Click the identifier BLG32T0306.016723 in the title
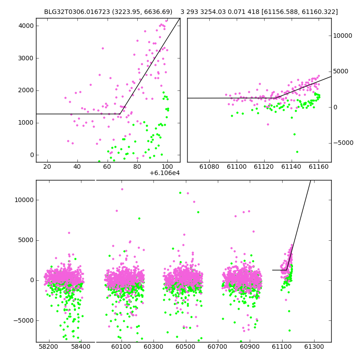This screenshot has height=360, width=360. pos(77,12)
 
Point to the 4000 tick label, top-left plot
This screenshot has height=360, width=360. pos(26,26)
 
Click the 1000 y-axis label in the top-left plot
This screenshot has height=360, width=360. pos(26,123)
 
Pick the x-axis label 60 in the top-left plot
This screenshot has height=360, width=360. pos(107,166)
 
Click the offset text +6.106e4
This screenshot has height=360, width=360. pos(165,173)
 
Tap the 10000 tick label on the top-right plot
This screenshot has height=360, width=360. pos(342,36)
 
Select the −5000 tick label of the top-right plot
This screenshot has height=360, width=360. pos(343,143)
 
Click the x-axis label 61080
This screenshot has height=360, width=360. pos(209,166)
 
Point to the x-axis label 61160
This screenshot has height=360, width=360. pos(319,166)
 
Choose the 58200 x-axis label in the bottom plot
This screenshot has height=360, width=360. pos(48,346)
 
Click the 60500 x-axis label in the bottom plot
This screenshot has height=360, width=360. pos(185,346)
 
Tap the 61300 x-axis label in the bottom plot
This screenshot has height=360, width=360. pos(314,346)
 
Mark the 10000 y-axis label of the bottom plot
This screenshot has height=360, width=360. pos(24,200)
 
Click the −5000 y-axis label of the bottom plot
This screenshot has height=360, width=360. pos(24,320)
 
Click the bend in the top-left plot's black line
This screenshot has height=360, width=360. pos(120,114)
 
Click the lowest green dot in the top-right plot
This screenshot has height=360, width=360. pos(297,152)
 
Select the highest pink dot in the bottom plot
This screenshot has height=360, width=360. pos(122,189)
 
